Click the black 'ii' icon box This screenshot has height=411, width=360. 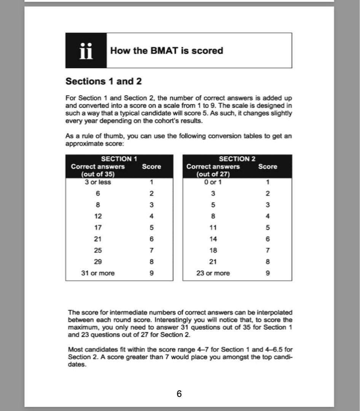[86, 51]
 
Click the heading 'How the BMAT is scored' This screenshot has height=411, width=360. [166, 51]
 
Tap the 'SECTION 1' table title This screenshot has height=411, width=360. [119, 159]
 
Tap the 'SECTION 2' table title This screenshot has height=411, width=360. [237, 159]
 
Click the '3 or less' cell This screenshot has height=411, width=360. [98, 182]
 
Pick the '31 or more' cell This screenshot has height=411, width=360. [98, 273]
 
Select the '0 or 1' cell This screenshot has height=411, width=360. [213, 182]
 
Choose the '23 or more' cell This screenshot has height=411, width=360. [213, 273]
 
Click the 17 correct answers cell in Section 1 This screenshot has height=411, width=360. [98, 228]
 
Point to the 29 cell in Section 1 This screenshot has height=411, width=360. [98, 262]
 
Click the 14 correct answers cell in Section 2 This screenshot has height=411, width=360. [213, 239]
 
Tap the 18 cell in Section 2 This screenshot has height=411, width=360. [213, 250]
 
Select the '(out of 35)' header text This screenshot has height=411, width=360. [98, 174]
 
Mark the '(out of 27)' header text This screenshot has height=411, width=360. [213, 174]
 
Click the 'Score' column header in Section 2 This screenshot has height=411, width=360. [268, 167]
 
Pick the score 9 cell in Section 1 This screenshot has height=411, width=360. [151, 273]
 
